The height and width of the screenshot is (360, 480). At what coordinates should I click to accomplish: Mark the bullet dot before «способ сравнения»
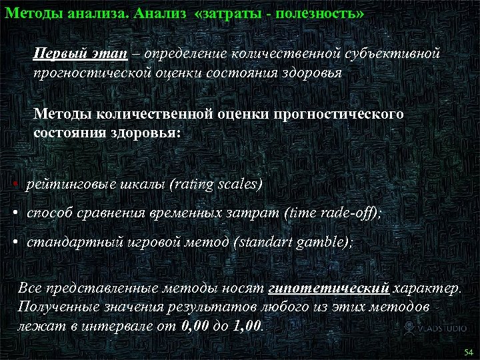coord(15,213)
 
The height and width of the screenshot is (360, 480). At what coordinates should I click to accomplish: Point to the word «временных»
coord(189,213)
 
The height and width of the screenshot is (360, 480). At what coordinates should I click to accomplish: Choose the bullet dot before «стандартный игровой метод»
coord(15,243)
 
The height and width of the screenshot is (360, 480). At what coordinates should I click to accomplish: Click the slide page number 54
coord(467,351)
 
